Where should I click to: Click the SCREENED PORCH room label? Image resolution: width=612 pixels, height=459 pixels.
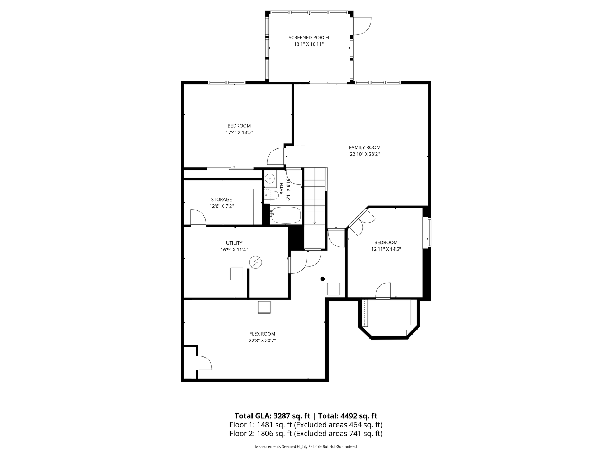coord(309,38)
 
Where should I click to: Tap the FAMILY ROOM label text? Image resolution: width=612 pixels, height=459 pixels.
coord(364,147)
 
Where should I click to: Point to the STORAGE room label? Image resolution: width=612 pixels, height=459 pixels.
coord(221,200)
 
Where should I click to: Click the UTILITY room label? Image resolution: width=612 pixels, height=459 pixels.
coord(234,243)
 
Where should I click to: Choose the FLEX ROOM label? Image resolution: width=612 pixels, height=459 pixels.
coord(262,334)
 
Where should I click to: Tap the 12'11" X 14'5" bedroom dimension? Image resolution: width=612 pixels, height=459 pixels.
coord(386,249)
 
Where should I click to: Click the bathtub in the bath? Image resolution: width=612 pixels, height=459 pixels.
coord(286,215)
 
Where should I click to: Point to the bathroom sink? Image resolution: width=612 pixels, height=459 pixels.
coord(270,178)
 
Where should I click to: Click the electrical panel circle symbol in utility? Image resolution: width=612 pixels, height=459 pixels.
coord(255,262)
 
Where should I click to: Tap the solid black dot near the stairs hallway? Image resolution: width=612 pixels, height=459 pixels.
coord(323,279)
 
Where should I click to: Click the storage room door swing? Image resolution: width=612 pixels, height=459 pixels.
coord(198,218)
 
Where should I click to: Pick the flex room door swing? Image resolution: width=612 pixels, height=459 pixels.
coord(204,363)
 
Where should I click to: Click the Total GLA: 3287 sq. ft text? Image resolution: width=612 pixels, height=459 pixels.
coord(272,416)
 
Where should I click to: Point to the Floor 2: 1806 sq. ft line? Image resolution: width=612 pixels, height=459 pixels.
coord(306,434)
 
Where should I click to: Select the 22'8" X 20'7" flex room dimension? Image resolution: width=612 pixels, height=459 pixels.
coord(262,341)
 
